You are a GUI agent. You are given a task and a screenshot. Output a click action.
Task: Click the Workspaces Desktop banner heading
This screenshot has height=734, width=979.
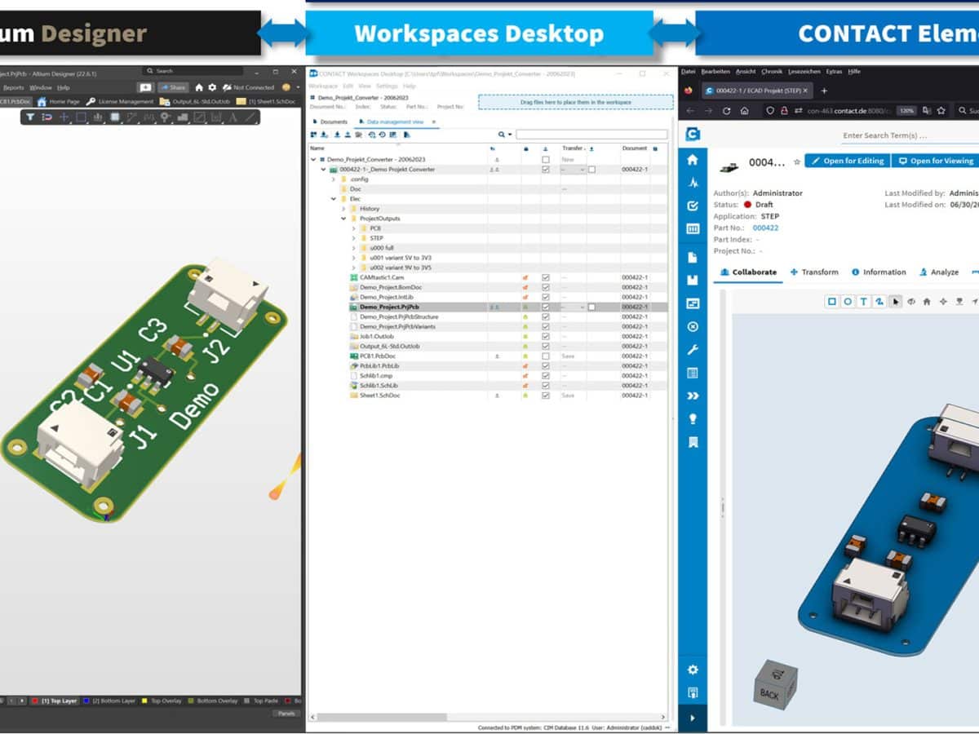click(x=479, y=33)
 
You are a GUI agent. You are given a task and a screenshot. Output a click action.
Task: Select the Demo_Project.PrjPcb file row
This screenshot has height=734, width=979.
click(x=389, y=307)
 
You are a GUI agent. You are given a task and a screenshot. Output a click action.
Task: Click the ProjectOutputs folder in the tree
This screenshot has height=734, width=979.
click(x=379, y=219)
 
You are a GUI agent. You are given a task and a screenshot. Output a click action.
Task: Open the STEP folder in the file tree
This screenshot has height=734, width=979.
click(x=376, y=238)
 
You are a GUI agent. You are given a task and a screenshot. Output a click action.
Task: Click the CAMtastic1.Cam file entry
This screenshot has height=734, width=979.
click(x=381, y=277)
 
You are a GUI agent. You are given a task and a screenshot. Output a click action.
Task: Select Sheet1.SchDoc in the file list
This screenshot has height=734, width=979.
click(x=379, y=396)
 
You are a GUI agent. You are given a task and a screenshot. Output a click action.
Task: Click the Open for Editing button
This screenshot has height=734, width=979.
click(x=847, y=161)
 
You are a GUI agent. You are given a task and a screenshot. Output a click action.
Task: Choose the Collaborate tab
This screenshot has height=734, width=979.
click(x=748, y=272)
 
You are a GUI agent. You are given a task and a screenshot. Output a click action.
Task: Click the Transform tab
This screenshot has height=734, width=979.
click(x=814, y=272)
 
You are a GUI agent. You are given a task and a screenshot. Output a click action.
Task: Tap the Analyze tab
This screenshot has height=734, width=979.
click(x=939, y=272)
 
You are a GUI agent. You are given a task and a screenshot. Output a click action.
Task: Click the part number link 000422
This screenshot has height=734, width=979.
click(x=765, y=228)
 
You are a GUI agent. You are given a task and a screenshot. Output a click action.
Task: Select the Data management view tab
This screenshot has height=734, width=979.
click(x=394, y=122)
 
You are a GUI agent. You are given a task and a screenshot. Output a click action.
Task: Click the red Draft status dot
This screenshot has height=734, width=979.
click(x=747, y=205)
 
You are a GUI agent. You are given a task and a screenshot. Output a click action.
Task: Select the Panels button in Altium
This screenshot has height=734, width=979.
click(x=286, y=713)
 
